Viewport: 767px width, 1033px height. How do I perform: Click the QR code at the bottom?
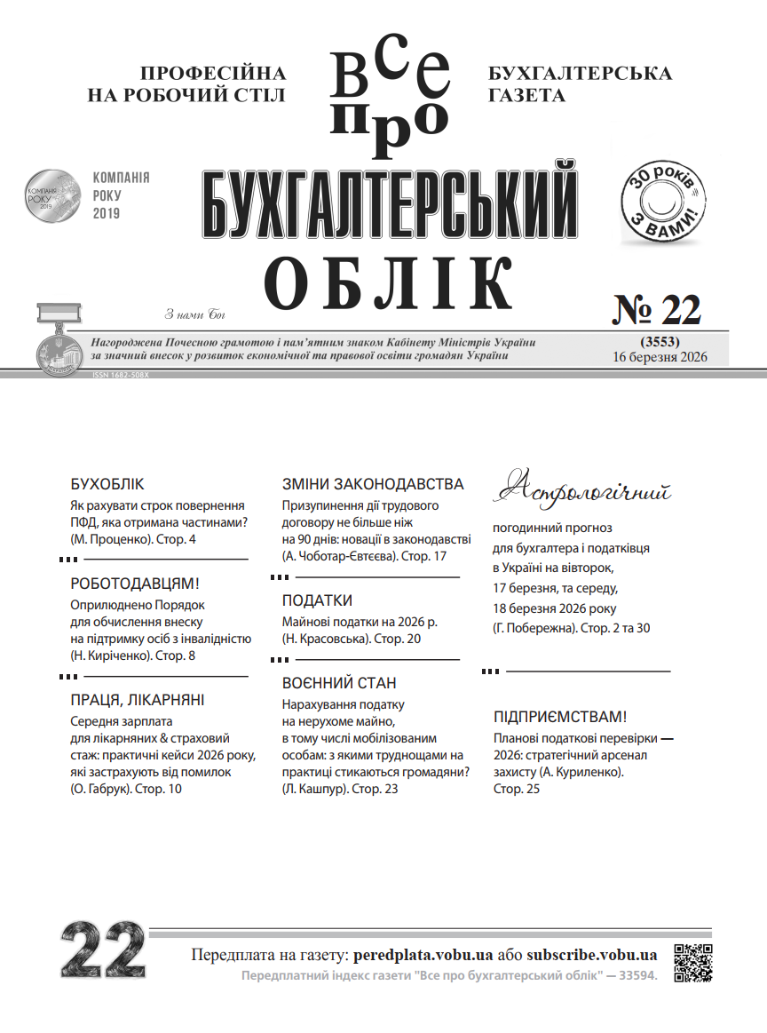(x=694, y=963)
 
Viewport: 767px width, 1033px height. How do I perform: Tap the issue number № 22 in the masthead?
(x=657, y=310)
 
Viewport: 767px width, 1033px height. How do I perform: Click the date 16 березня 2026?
(x=659, y=357)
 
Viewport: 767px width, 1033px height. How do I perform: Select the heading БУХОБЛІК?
(x=107, y=485)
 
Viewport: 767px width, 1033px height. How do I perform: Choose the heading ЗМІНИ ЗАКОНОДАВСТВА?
(x=373, y=484)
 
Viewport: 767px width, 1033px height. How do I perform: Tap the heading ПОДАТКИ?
(x=317, y=600)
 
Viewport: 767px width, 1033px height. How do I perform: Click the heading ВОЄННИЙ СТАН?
(x=339, y=683)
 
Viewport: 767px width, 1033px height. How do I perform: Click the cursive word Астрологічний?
(x=582, y=489)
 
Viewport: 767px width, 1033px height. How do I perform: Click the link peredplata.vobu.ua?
(x=423, y=956)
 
